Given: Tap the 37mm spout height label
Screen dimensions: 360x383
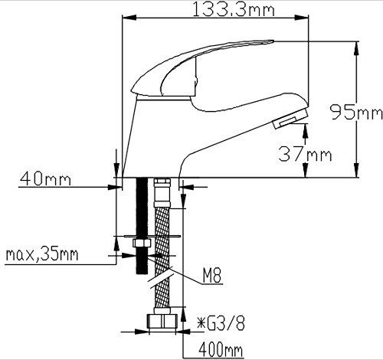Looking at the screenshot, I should [x=306, y=154].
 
